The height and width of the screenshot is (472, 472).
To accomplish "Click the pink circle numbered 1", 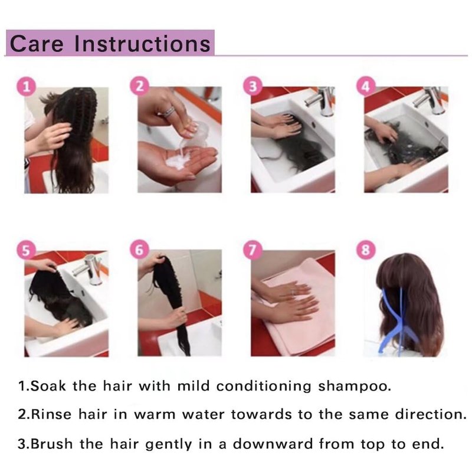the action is (26, 87).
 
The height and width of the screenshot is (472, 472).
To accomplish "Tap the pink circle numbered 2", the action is (139, 86).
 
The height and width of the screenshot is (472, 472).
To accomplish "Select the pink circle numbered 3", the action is (253, 86).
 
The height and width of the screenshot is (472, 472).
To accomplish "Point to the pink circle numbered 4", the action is (366, 87).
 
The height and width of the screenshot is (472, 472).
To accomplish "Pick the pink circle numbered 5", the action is (26, 250).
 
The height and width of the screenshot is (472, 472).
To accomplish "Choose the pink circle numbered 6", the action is (139, 250).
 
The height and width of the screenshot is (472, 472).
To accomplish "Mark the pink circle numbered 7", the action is (253, 250).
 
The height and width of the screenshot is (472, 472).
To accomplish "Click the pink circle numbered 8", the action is (366, 250).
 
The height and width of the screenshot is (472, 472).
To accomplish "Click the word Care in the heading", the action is (37, 44).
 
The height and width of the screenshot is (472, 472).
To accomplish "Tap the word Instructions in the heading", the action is (142, 44).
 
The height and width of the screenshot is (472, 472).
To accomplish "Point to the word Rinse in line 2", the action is (51, 415).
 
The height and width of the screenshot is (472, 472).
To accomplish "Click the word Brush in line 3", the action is (52, 444).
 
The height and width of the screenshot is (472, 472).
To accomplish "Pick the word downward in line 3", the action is (273, 444).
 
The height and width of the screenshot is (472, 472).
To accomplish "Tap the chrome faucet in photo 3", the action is (321, 100).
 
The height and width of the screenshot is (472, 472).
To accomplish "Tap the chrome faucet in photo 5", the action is (91, 270).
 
